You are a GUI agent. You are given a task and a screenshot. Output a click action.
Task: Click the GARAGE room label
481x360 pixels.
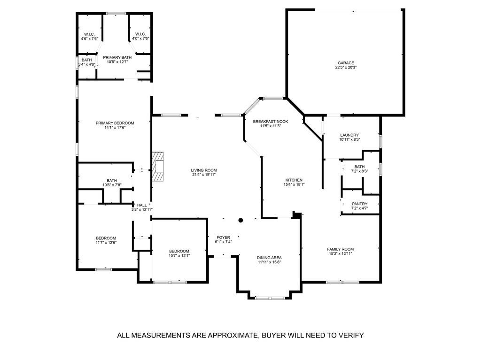345,63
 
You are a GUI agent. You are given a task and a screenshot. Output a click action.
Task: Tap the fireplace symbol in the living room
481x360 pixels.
158,167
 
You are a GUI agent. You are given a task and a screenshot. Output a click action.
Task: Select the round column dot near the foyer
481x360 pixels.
240,220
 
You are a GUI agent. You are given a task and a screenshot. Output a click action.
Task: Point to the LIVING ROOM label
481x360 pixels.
203,170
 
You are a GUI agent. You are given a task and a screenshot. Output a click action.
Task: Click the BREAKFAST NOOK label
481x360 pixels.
270,121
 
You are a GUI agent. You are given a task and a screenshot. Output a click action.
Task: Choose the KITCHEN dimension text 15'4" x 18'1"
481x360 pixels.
295,184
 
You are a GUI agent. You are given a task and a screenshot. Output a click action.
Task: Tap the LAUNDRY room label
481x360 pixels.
349,135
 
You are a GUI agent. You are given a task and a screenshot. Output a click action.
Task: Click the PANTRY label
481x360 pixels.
359,204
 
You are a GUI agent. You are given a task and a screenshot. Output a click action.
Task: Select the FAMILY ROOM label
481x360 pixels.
341,249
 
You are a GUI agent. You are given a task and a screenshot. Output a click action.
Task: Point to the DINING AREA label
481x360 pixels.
269,257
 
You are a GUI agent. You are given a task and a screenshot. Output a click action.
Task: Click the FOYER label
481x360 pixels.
223,237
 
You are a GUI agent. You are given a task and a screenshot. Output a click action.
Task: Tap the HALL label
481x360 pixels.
141,205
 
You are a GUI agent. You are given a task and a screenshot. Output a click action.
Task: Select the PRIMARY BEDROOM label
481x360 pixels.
115,123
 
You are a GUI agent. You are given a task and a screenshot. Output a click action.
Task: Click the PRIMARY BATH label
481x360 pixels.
115,57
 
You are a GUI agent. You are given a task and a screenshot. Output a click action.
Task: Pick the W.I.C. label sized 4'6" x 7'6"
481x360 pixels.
89,34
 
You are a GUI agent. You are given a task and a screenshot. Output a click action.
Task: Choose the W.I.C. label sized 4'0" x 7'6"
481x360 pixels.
140,34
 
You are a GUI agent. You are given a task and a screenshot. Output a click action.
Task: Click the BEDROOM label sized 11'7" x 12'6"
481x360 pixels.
106,238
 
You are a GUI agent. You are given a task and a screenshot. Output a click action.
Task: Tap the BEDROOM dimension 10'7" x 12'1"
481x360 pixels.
179,256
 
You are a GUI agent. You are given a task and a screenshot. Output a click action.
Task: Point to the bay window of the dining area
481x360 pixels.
269,298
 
